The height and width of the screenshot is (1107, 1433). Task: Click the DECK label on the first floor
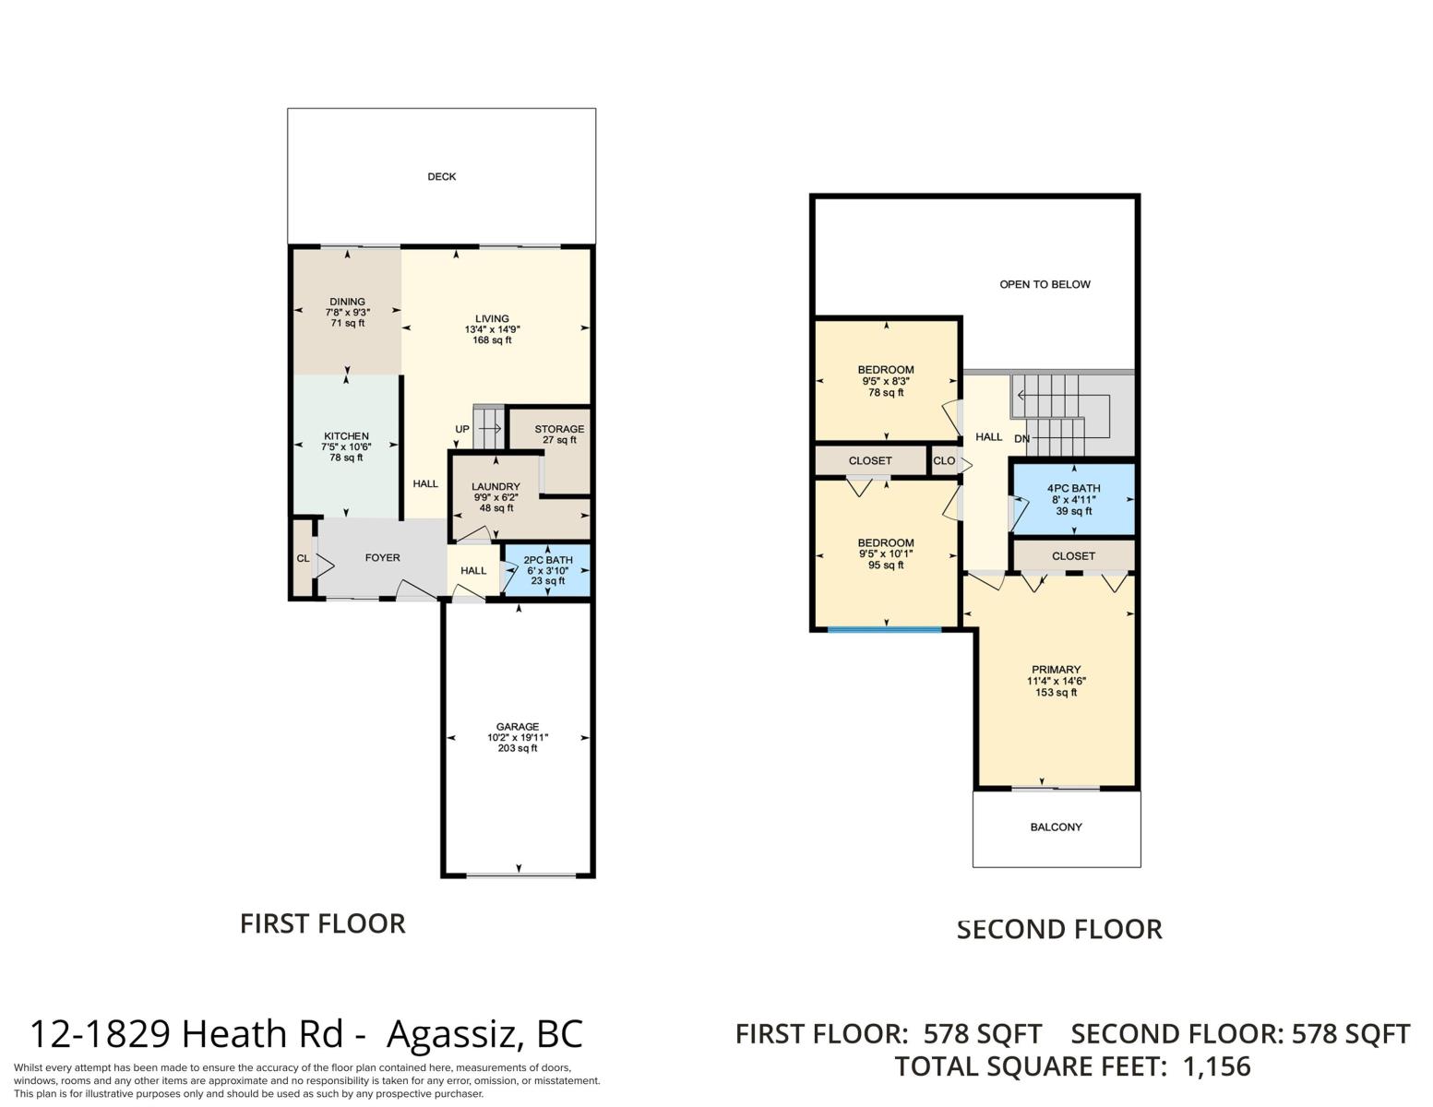tap(441, 177)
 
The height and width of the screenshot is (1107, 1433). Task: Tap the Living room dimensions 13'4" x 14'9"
tap(492, 329)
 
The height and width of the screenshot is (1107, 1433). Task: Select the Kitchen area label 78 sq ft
tap(346, 458)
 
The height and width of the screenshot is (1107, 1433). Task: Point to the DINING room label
tap(348, 302)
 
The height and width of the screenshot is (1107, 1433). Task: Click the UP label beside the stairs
tap(462, 429)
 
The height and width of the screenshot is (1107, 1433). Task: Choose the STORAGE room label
tap(559, 429)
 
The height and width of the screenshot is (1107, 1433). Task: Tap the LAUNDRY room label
tap(496, 486)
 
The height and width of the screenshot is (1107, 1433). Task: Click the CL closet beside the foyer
tap(303, 558)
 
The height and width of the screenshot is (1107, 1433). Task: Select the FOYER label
tap(383, 558)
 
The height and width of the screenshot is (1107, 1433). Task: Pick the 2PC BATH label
tap(548, 561)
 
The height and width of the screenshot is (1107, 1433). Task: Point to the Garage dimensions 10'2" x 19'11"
tap(518, 738)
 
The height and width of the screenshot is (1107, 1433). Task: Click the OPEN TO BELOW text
tap(1045, 285)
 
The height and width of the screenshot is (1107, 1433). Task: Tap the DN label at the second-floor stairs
tap(1021, 439)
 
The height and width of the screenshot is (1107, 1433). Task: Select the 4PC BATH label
tap(1073, 489)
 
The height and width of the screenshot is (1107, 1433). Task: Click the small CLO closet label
tap(944, 461)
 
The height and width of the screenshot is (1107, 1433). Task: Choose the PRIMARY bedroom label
tap(1056, 670)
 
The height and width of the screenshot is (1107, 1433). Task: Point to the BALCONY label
tap(1056, 827)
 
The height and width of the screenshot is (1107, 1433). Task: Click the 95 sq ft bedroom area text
tap(886, 565)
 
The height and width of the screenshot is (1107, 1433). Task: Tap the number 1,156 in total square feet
tap(1216, 1066)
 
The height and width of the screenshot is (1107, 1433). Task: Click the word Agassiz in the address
tap(455, 1034)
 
